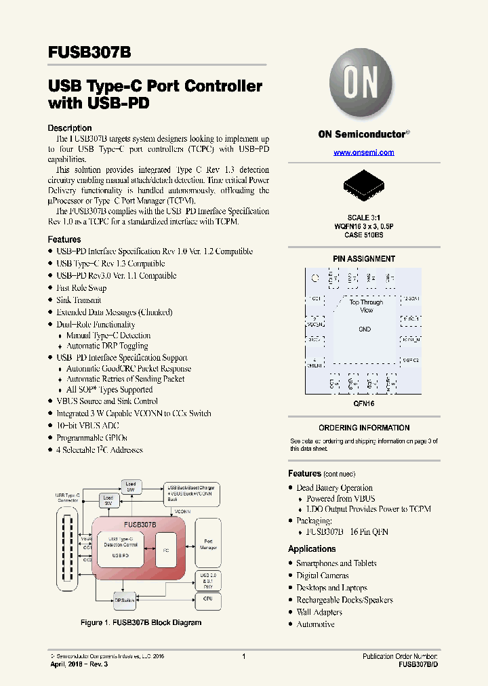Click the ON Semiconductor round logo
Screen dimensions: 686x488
pos(363,85)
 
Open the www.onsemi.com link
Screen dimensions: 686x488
pos(363,153)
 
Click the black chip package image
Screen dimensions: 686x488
pos(363,182)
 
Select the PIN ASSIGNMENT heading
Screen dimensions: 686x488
pos(364,259)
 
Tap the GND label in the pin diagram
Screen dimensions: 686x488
pos(365,329)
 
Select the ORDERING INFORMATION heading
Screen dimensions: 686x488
pos(364,428)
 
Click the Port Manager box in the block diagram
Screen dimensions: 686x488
pos(208,544)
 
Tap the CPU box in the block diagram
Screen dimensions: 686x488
pos(207,599)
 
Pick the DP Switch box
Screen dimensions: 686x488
pos(124,599)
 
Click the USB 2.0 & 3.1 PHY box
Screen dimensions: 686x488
pos(207,580)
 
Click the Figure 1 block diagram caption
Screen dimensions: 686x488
pos(141,622)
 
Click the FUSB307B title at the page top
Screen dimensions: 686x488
pos(89,52)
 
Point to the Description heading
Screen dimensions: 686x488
pos(69,128)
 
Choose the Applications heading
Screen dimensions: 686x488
pos(312,549)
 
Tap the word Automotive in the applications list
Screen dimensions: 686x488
pos(315,624)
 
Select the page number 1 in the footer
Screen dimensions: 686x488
pos(243,656)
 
